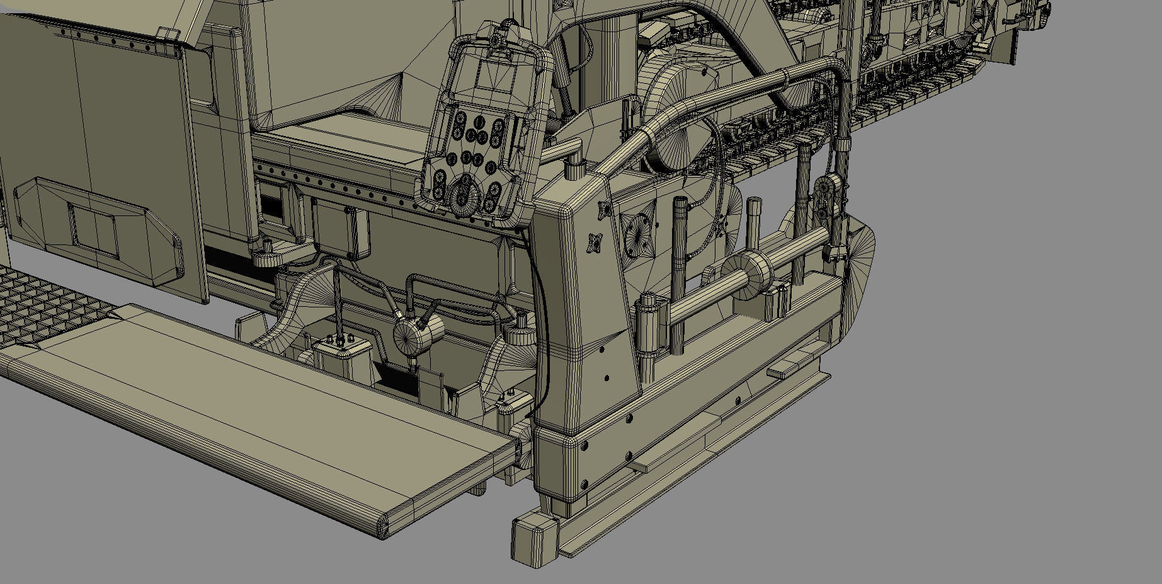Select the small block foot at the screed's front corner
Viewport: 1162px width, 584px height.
click(534, 542)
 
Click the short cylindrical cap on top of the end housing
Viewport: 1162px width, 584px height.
click(574, 169)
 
